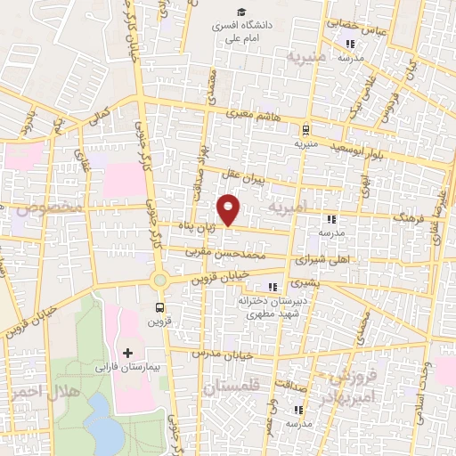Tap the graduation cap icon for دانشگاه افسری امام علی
pyautogui.click(x=241, y=12)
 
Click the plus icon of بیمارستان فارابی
pyautogui.click(x=127, y=354)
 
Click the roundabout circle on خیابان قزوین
pyautogui.click(x=159, y=281)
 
